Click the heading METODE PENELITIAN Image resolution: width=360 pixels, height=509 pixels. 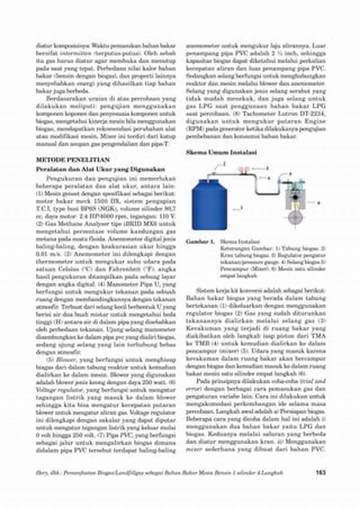click(x=65, y=161)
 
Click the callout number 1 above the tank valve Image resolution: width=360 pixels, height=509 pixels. click(x=224, y=163)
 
